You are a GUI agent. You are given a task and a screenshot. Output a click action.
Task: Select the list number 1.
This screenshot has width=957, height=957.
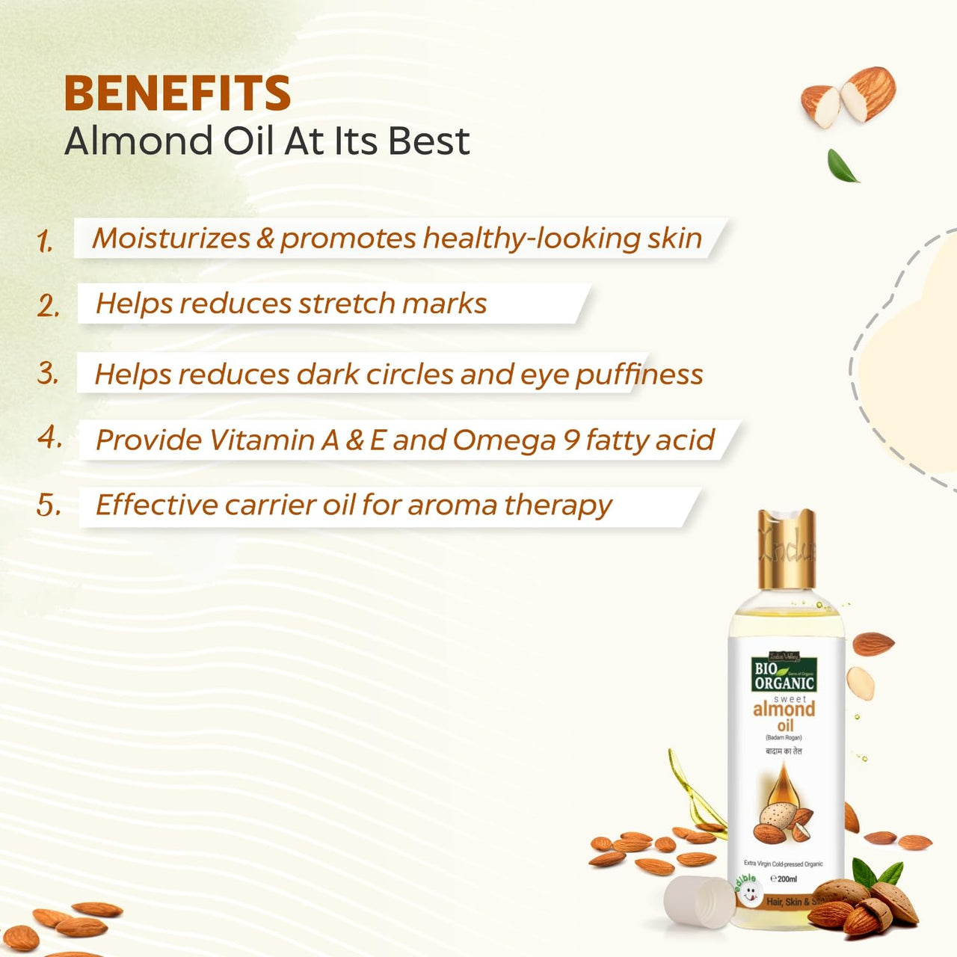point(46,241)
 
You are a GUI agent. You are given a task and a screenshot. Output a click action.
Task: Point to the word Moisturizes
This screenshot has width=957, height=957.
point(170,238)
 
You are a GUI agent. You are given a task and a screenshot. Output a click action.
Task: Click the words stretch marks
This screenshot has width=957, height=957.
point(393,304)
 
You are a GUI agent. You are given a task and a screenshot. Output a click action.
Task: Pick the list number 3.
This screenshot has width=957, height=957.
point(48,372)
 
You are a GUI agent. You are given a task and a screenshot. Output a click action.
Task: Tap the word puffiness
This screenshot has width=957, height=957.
point(639,375)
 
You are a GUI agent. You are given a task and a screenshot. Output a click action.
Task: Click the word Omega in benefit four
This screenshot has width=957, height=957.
point(502,440)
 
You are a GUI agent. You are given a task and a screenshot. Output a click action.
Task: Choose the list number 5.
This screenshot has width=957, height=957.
point(49,505)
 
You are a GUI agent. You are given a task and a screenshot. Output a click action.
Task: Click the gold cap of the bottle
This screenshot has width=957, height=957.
point(786,549)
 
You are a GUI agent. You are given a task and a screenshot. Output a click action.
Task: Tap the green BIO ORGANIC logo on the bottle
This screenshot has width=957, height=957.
point(784,674)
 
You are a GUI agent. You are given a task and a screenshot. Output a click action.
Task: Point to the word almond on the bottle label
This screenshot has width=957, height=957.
point(784,709)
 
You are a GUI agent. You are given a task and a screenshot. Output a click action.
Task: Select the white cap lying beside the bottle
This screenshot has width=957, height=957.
point(700,902)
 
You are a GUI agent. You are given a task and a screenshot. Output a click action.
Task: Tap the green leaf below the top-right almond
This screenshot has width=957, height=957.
point(843,165)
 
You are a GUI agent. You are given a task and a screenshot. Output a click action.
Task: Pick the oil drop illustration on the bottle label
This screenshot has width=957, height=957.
point(782,791)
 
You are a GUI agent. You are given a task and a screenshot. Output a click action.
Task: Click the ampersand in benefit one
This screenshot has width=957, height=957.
point(265,239)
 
